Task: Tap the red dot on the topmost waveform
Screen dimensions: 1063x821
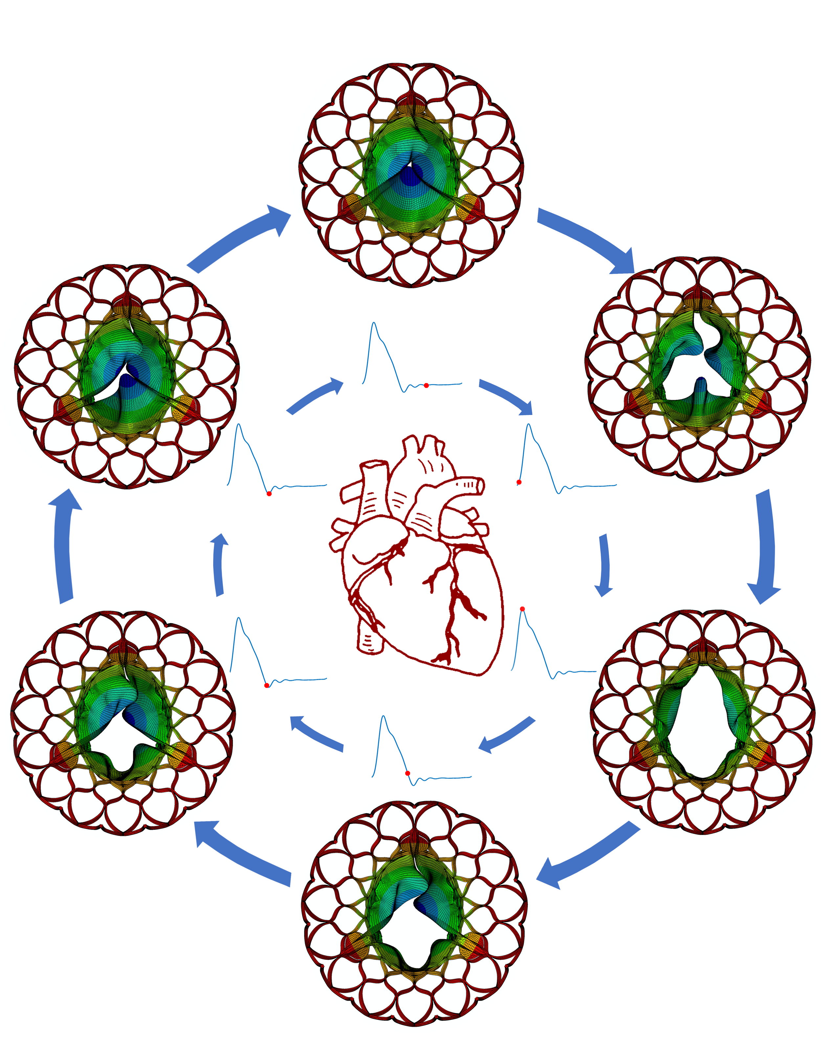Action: click(426, 385)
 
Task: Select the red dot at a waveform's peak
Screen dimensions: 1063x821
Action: click(522, 609)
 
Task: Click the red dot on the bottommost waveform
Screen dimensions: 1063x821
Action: click(408, 773)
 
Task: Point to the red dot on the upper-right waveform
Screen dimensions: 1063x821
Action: click(519, 482)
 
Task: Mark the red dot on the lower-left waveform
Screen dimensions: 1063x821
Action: click(267, 685)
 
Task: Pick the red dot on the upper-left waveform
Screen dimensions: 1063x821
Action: click(269, 494)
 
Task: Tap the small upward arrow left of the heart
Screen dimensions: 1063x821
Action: click(220, 565)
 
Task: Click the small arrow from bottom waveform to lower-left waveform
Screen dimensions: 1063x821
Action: click(316, 732)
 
